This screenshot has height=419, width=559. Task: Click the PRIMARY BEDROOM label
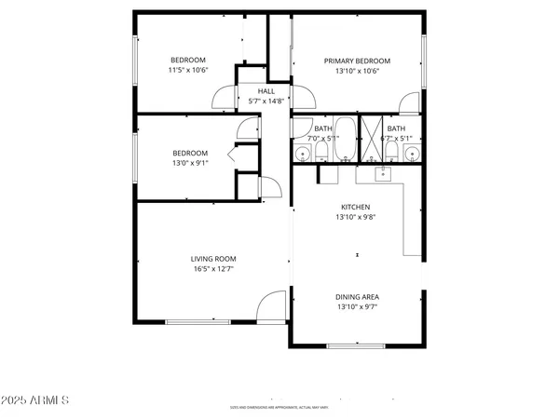click(357, 61)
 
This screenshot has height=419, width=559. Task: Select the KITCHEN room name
click(355, 207)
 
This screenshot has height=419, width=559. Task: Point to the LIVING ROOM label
click(213, 259)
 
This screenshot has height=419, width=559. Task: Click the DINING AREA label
click(357, 297)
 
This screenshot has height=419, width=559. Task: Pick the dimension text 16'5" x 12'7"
click(213, 269)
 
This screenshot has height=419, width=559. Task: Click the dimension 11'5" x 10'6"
click(186, 71)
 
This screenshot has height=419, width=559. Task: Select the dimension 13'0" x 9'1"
click(189, 163)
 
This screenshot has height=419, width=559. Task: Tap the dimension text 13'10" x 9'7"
click(357, 307)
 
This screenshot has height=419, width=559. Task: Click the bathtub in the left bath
click(344, 140)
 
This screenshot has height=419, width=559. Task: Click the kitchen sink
click(383, 172)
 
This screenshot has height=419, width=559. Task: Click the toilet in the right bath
click(394, 152)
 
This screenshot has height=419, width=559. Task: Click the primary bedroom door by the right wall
click(407, 103)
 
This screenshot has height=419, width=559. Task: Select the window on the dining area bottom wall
click(356, 345)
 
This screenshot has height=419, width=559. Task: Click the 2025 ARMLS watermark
click(37, 400)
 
